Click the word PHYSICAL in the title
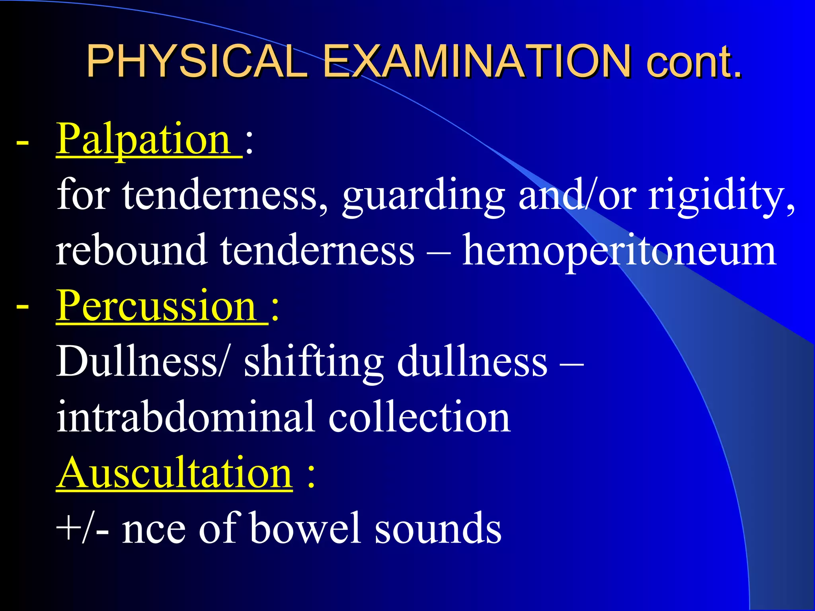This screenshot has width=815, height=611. point(197,61)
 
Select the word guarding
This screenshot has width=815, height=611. point(424,196)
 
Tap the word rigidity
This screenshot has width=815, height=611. point(720,196)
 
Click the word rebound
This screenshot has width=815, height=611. point(131,251)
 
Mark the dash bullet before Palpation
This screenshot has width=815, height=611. point(22,142)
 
